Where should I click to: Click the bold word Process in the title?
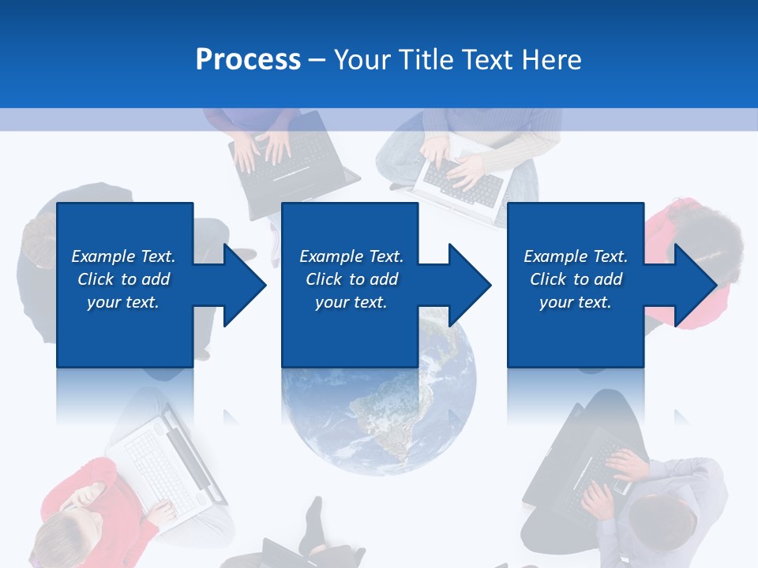(x=248, y=60)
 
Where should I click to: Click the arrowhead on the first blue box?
(x=242, y=285)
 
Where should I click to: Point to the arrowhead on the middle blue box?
(x=467, y=285)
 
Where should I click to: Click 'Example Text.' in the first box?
(x=123, y=256)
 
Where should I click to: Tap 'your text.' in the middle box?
(x=351, y=302)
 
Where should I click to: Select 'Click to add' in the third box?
(x=576, y=279)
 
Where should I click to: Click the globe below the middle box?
(x=379, y=418)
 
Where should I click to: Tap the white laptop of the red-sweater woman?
(x=166, y=458)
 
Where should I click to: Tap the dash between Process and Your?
(x=317, y=60)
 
